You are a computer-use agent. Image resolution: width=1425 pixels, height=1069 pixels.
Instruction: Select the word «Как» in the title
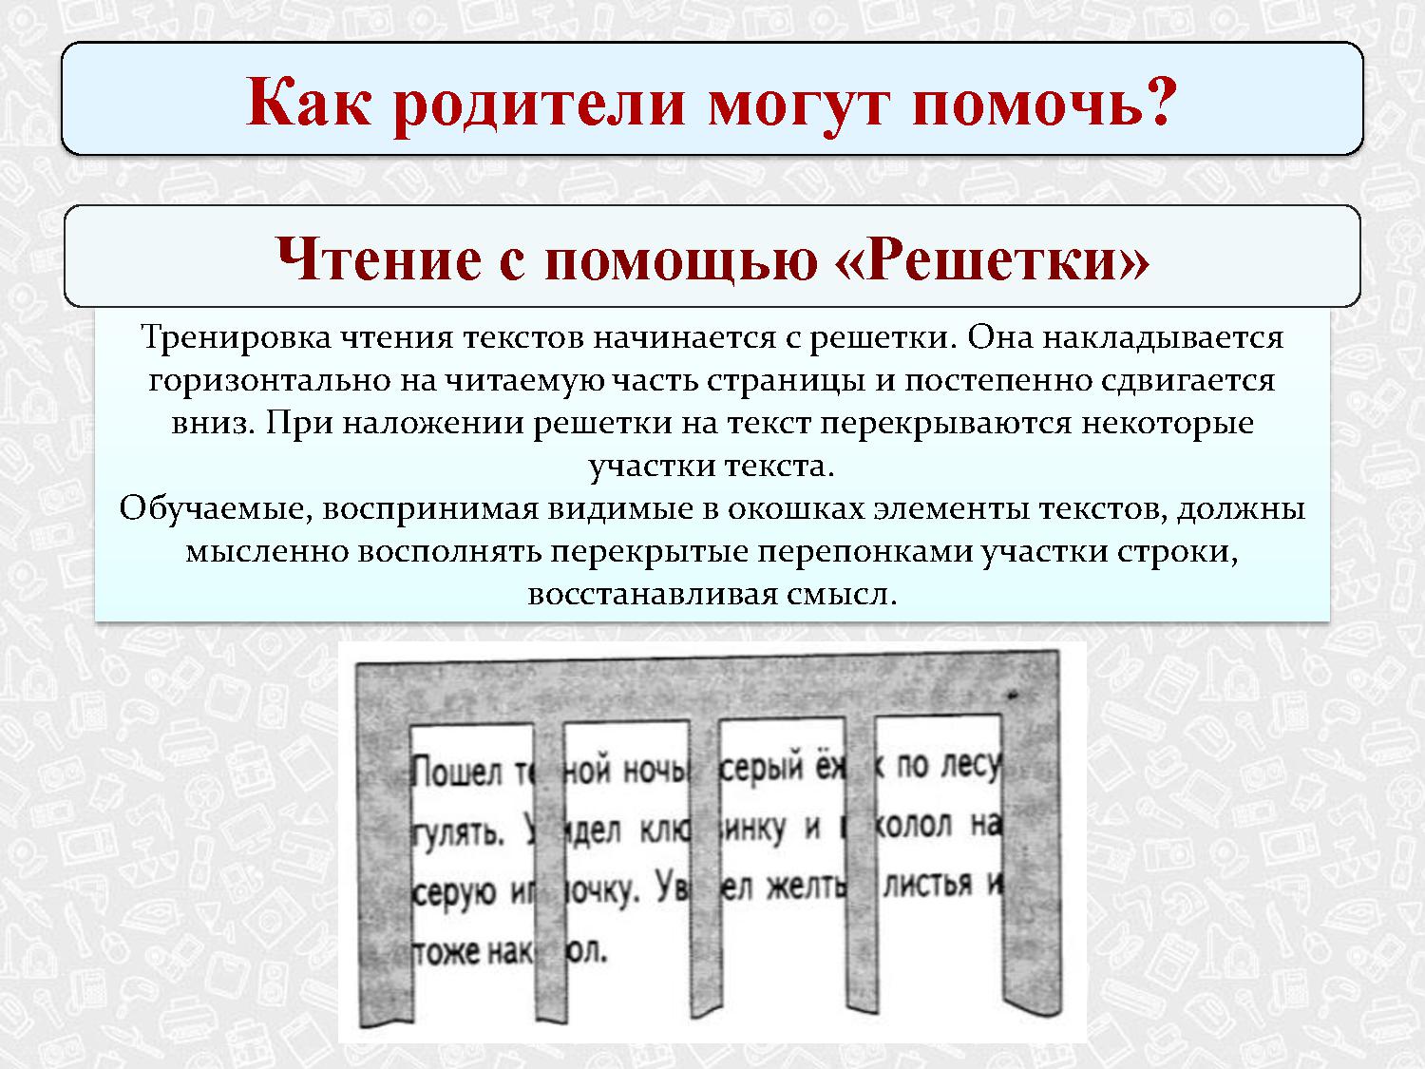[x=308, y=102]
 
